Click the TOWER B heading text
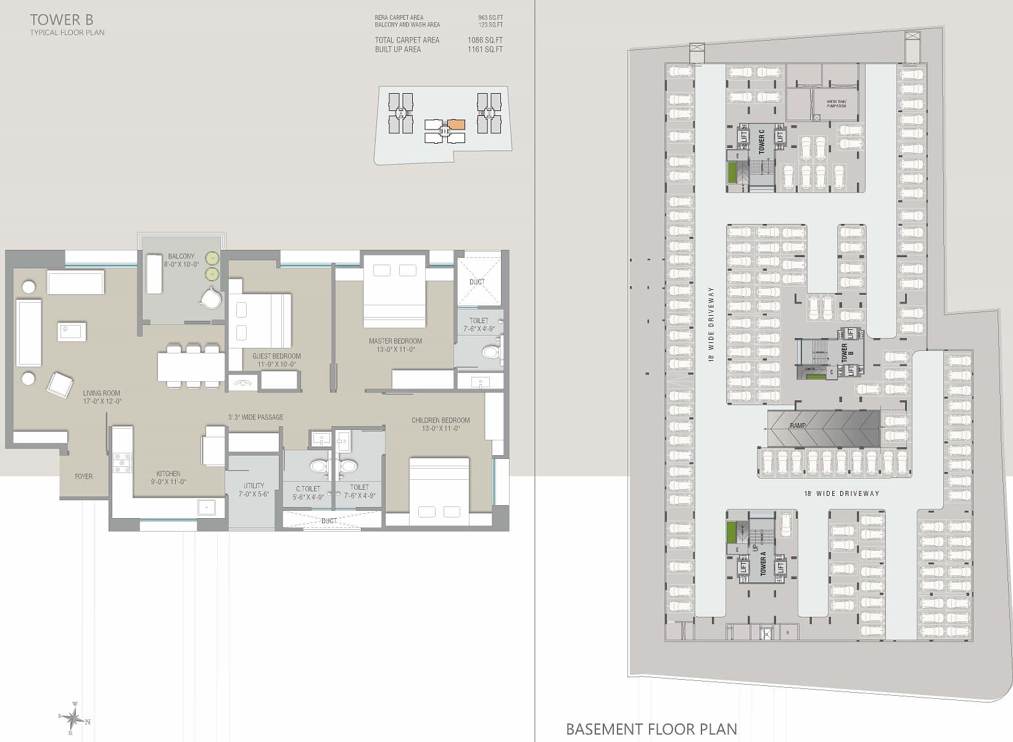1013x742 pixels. (x=62, y=20)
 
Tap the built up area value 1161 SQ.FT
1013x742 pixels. (x=485, y=49)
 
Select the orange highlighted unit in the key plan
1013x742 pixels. (x=456, y=125)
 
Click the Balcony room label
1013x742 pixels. (x=181, y=260)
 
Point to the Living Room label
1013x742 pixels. (x=102, y=397)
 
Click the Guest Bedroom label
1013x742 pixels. (x=276, y=360)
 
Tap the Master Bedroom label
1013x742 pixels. (x=395, y=345)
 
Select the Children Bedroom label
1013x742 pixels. (x=440, y=424)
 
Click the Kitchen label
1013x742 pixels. (x=168, y=477)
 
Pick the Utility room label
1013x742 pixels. (x=254, y=490)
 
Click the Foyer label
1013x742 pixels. (x=84, y=476)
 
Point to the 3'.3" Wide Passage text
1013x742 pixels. (x=255, y=418)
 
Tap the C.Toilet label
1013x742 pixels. (x=308, y=492)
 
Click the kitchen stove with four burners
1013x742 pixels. (x=122, y=463)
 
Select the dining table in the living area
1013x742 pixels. (x=191, y=367)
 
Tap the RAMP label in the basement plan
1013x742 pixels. (x=797, y=426)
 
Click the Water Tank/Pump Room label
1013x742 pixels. (x=837, y=104)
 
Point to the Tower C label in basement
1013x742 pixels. (x=762, y=141)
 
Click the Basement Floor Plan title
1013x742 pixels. (x=651, y=729)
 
